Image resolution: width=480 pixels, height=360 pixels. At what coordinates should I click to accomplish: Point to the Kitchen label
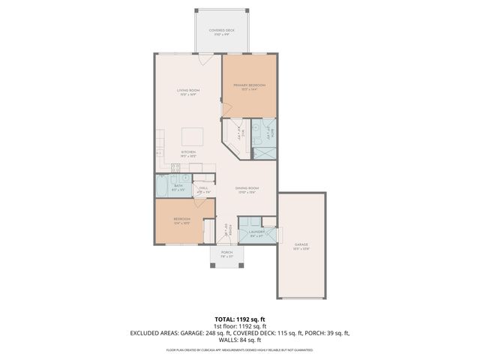pos(187,152)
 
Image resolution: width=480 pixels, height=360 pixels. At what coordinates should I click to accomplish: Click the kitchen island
pos(192,136)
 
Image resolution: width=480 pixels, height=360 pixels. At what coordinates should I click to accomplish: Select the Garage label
pos(301,244)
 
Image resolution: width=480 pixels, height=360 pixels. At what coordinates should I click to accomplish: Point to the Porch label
pos(226,253)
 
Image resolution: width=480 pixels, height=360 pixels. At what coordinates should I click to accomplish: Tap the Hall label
pos(202,188)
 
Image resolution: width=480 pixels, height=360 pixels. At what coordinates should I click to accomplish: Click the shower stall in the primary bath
pos(264,151)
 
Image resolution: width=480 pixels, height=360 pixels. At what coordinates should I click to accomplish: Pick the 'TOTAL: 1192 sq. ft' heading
pos(239,318)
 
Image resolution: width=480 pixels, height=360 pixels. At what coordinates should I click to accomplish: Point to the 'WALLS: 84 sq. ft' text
pos(239,340)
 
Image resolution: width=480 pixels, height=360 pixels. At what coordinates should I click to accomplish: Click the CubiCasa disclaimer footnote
pos(239,349)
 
